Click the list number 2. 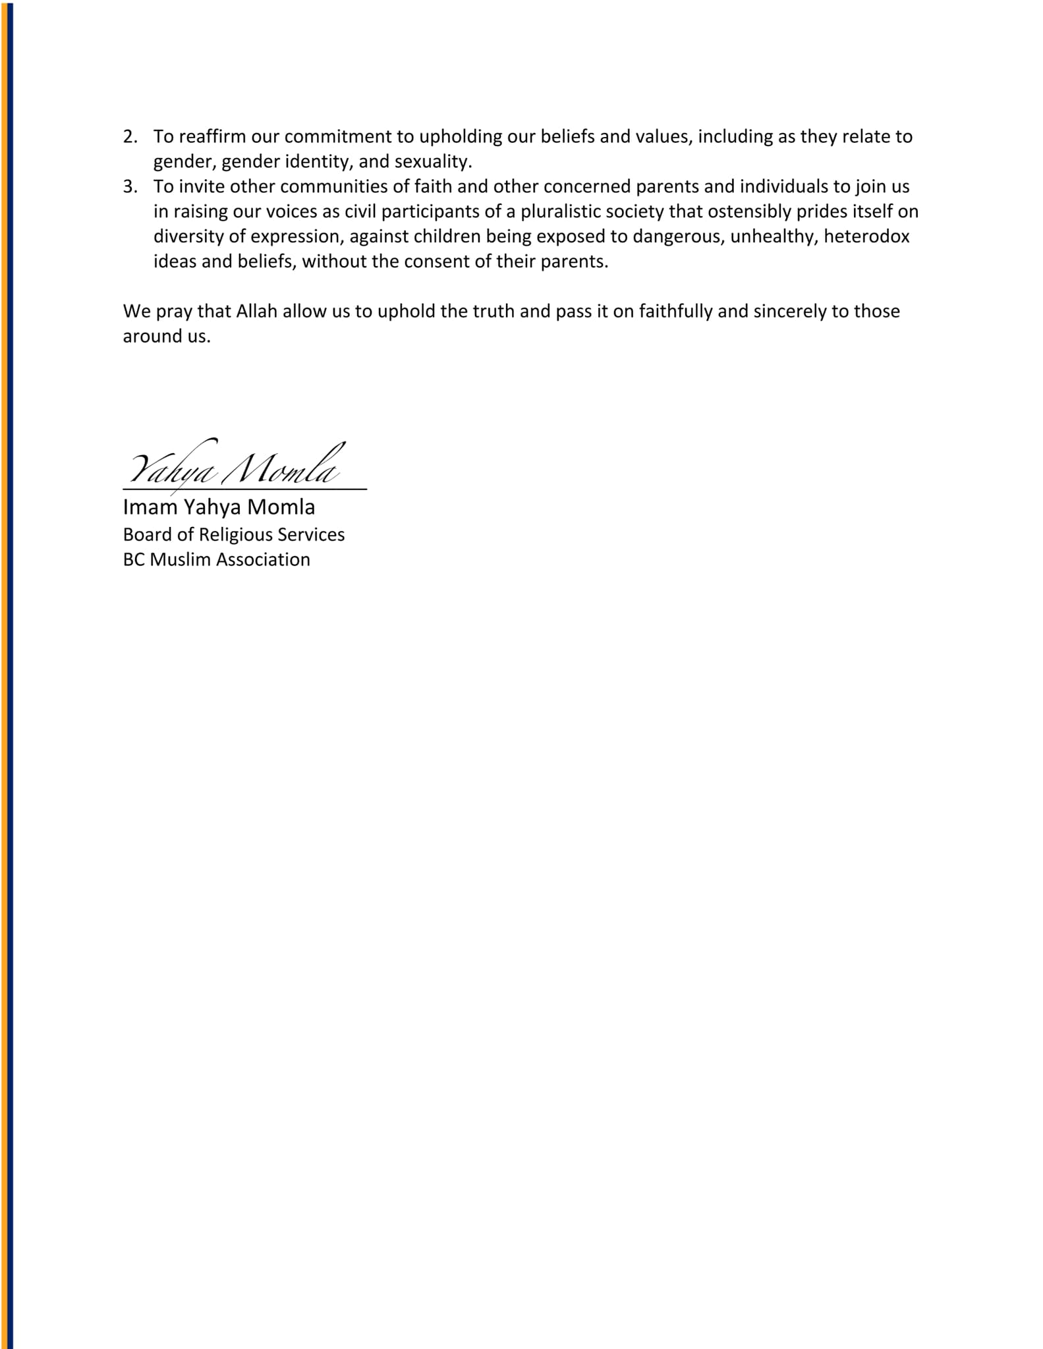click(x=130, y=136)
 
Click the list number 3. click(x=130, y=186)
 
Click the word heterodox click(x=866, y=236)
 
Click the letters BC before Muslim click(x=134, y=559)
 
